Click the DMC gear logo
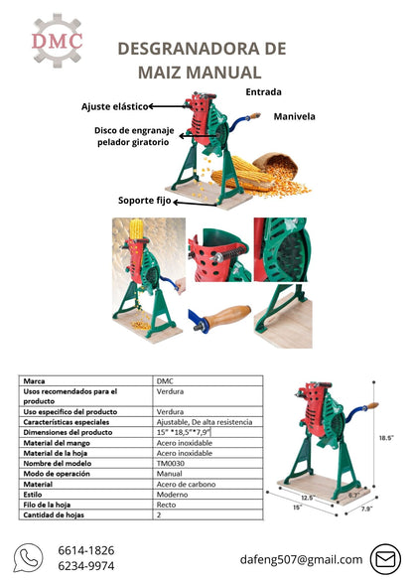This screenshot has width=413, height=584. click(57, 40)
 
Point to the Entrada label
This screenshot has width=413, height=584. click(263, 92)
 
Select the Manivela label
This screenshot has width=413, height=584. click(294, 116)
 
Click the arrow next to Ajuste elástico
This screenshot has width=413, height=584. click(169, 107)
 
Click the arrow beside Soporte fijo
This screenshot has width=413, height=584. click(196, 204)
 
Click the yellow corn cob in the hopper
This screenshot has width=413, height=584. click(136, 229)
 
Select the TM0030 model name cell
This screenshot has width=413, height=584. click(171, 463)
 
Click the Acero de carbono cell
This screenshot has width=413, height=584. click(186, 485)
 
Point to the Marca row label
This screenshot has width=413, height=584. click(34, 381)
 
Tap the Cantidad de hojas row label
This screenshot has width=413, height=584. click(54, 515)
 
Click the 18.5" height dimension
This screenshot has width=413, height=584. click(386, 438)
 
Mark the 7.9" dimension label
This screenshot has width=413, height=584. click(366, 509)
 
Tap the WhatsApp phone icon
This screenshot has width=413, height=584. click(28, 557)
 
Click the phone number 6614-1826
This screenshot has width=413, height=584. click(86, 550)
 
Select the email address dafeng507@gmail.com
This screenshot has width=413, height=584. click(301, 559)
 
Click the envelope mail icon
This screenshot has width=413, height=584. click(385, 559)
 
